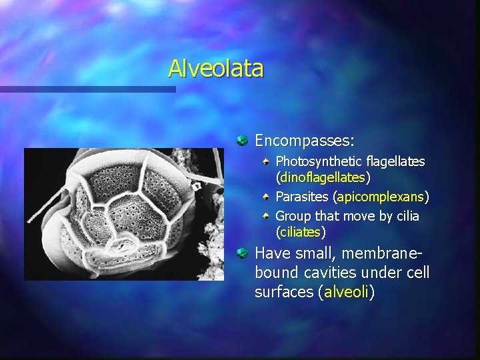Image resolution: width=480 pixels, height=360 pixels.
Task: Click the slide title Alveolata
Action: [x=215, y=68]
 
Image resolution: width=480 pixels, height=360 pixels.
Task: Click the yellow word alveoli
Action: [x=346, y=292]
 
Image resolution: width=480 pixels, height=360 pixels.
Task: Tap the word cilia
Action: [x=406, y=216]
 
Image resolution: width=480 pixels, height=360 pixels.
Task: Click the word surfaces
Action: [x=285, y=292]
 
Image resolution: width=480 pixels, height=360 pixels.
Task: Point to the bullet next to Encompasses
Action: [x=243, y=141]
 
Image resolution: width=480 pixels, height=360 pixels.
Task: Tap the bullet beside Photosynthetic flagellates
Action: [x=267, y=161]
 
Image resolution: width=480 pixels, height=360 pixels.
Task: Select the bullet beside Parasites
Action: [x=267, y=197]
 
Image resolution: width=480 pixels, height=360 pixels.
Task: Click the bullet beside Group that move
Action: [x=267, y=216]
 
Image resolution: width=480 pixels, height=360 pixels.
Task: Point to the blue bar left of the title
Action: [x=87, y=88]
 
